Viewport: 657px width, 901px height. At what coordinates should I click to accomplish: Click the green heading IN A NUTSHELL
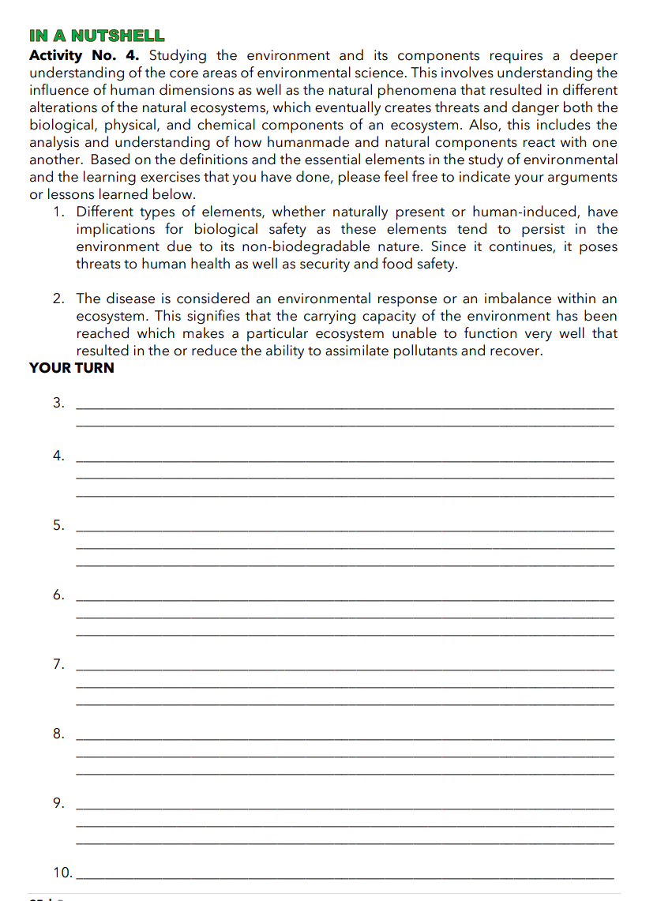(x=96, y=36)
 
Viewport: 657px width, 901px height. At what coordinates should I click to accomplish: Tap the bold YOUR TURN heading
(x=71, y=368)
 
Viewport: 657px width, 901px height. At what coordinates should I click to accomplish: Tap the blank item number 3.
(x=59, y=403)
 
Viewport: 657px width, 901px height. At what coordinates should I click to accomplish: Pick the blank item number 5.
(x=59, y=525)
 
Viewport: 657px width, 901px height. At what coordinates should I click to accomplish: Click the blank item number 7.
(x=59, y=664)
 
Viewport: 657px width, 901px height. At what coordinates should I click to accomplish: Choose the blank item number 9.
(x=59, y=803)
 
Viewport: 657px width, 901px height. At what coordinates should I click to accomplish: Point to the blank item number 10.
(x=62, y=873)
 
